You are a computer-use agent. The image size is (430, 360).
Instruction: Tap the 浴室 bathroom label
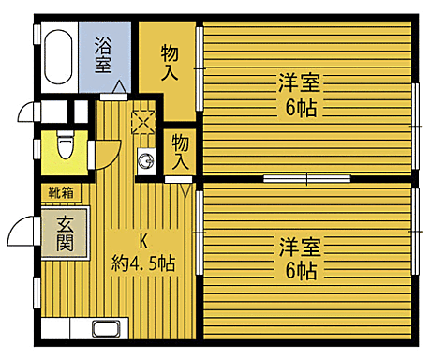tap(105, 53)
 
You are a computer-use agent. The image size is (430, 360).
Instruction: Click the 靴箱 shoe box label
tap(63, 192)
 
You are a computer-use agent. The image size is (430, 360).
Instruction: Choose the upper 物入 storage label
tap(170, 61)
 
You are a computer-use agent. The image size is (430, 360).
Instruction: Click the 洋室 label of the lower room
tap(300, 247)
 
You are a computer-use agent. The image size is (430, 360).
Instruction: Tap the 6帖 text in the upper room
tap(300, 106)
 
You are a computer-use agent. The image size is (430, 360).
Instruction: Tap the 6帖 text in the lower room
tap(300, 272)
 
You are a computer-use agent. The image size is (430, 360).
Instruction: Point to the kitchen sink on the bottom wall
tap(104, 329)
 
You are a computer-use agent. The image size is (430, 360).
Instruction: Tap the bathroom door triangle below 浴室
tap(118, 90)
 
